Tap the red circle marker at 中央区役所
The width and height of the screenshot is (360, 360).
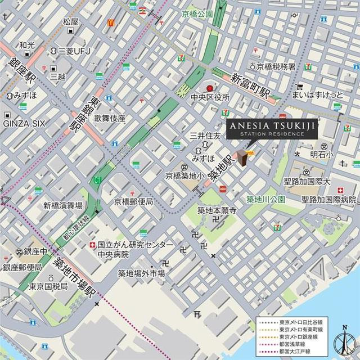[x=210, y=88]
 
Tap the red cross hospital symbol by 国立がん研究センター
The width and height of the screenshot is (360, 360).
[x=92, y=245]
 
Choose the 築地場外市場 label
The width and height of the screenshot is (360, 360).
[x=141, y=273]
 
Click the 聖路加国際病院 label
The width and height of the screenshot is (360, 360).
[x=329, y=199]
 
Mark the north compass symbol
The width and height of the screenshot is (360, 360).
[x=344, y=340]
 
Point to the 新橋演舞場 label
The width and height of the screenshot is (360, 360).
[x=63, y=205]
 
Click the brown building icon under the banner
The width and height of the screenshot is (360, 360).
[x=242, y=158]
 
